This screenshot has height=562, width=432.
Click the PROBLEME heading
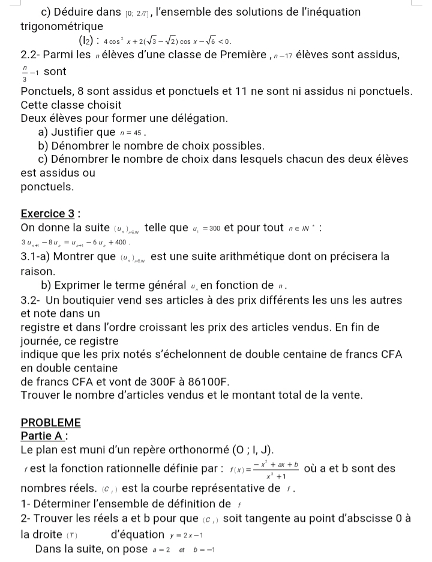50,422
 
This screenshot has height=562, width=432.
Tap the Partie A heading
43,436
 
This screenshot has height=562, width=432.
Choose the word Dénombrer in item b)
83,146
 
